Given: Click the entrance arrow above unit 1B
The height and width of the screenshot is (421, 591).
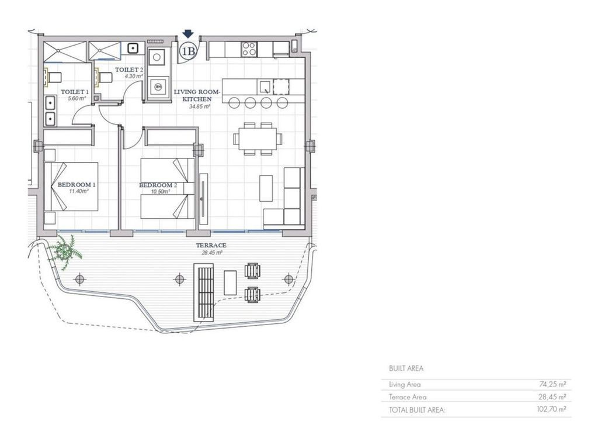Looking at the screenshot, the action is pos(187,34).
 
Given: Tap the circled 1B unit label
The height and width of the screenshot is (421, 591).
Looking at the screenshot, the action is pos(187,50).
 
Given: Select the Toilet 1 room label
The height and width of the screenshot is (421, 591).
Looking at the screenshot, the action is pos(75,92).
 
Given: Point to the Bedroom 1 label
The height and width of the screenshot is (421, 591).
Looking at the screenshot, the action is pos(76,185).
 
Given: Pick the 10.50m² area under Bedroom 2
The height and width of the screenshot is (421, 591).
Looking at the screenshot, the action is pos(160,192).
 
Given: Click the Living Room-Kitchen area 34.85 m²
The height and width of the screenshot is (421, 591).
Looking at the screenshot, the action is pos(199,107).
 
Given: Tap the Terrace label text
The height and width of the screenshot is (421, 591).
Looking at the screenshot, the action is pos(211,245).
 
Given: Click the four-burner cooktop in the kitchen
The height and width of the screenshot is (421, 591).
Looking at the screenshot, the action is pos(249,49).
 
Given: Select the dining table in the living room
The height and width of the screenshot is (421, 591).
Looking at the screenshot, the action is pos(258,139).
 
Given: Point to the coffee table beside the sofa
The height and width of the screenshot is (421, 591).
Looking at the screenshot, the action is pos(266,188).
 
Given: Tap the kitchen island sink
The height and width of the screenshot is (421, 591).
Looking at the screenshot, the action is pos(265,87).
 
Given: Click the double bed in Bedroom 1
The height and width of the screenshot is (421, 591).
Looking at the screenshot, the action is pos(71,187).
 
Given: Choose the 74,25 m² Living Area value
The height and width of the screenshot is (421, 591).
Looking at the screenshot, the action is pos(552,384).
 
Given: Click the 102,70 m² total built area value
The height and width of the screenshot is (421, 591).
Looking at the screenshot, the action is pos(551,409).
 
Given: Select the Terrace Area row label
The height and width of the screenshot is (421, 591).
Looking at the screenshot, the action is pos(408,397).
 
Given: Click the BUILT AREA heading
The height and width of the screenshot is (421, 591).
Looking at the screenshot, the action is pos(406,368).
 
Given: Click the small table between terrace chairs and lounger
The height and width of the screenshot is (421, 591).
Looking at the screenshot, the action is pos(230,283).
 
